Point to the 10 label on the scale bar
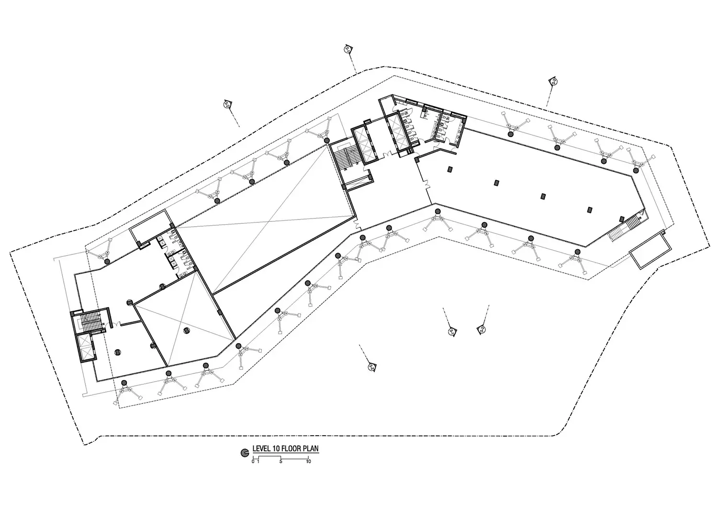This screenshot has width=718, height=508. (308, 462)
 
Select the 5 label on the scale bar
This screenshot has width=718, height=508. (281, 462)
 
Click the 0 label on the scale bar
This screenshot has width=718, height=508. (253, 462)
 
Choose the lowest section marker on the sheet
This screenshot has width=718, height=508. (372, 367)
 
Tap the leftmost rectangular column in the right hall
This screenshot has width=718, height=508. (450, 169)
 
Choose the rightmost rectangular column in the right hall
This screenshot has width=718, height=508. (590, 209)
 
